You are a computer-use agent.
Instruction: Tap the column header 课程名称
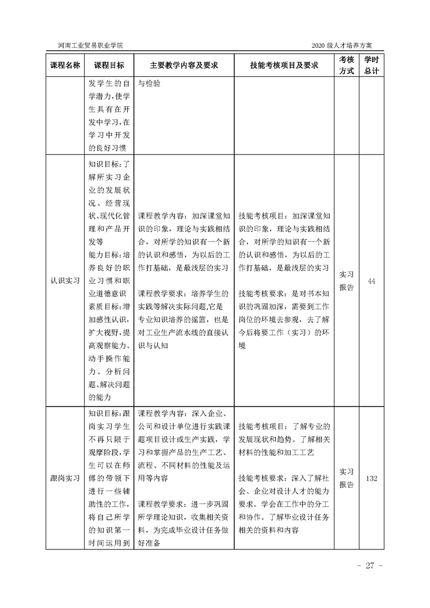(65, 65)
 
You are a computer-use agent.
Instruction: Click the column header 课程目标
(109, 65)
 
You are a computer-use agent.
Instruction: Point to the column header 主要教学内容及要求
(184, 65)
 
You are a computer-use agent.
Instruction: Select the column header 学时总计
(371, 65)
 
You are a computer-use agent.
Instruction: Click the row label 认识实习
(65, 280)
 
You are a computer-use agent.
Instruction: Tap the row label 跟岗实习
(65, 478)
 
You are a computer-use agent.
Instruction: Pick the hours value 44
(371, 280)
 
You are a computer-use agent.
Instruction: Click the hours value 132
(371, 478)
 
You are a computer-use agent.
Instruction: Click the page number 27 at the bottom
(370, 566)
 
